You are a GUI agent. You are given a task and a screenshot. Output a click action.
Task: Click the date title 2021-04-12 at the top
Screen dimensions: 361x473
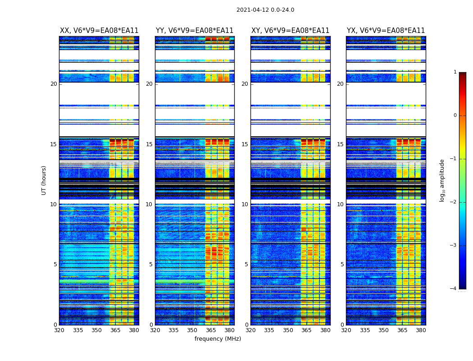[265, 10]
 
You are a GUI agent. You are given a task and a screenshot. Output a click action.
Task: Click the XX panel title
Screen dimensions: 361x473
[99, 31]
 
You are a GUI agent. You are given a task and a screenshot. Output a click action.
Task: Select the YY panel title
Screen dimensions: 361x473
[195, 31]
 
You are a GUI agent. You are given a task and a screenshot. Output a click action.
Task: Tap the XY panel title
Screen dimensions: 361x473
[290, 31]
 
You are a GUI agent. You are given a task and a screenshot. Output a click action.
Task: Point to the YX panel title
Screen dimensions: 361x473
[386, 31]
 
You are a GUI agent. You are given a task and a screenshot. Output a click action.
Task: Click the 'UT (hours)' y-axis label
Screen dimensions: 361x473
[44, 180]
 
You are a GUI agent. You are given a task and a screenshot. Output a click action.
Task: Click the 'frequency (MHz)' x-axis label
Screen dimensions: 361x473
[218, 339]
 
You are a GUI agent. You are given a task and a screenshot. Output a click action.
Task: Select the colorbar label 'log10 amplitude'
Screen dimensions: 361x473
[442, 180]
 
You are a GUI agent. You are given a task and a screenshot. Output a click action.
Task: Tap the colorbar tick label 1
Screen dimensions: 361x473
[455, 72]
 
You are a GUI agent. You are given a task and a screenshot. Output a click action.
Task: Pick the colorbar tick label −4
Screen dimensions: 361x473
[454, 289]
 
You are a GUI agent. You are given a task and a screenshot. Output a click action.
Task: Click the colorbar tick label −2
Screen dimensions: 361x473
[454, 202]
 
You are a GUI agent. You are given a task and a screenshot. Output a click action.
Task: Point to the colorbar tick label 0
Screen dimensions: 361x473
[455, 116]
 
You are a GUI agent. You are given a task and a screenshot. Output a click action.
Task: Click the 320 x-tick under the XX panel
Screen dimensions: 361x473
[59, 330]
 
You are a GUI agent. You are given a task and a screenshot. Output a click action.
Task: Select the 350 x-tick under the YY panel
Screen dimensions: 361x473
[192, 330]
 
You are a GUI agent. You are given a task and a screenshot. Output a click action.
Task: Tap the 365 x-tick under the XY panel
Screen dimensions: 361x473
[306, 330]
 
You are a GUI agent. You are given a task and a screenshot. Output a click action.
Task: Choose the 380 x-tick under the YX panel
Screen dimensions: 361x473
[421, 330]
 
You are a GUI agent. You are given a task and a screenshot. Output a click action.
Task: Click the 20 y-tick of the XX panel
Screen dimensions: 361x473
[54, 84]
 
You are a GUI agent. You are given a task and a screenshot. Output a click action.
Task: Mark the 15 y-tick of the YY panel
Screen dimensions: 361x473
[149, 144]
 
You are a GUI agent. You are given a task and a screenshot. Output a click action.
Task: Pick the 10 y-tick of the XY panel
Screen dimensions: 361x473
[245, 204]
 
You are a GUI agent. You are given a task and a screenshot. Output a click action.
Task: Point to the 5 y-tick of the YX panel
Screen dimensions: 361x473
[342, 264]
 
